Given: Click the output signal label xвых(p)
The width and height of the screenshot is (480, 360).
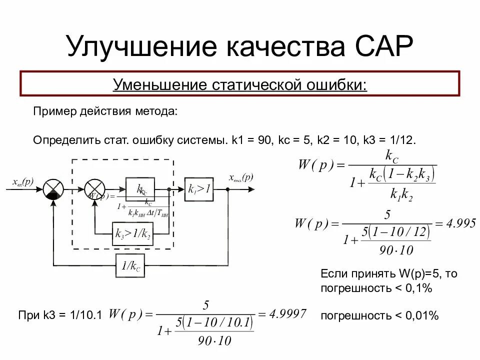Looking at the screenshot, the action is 241,177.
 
